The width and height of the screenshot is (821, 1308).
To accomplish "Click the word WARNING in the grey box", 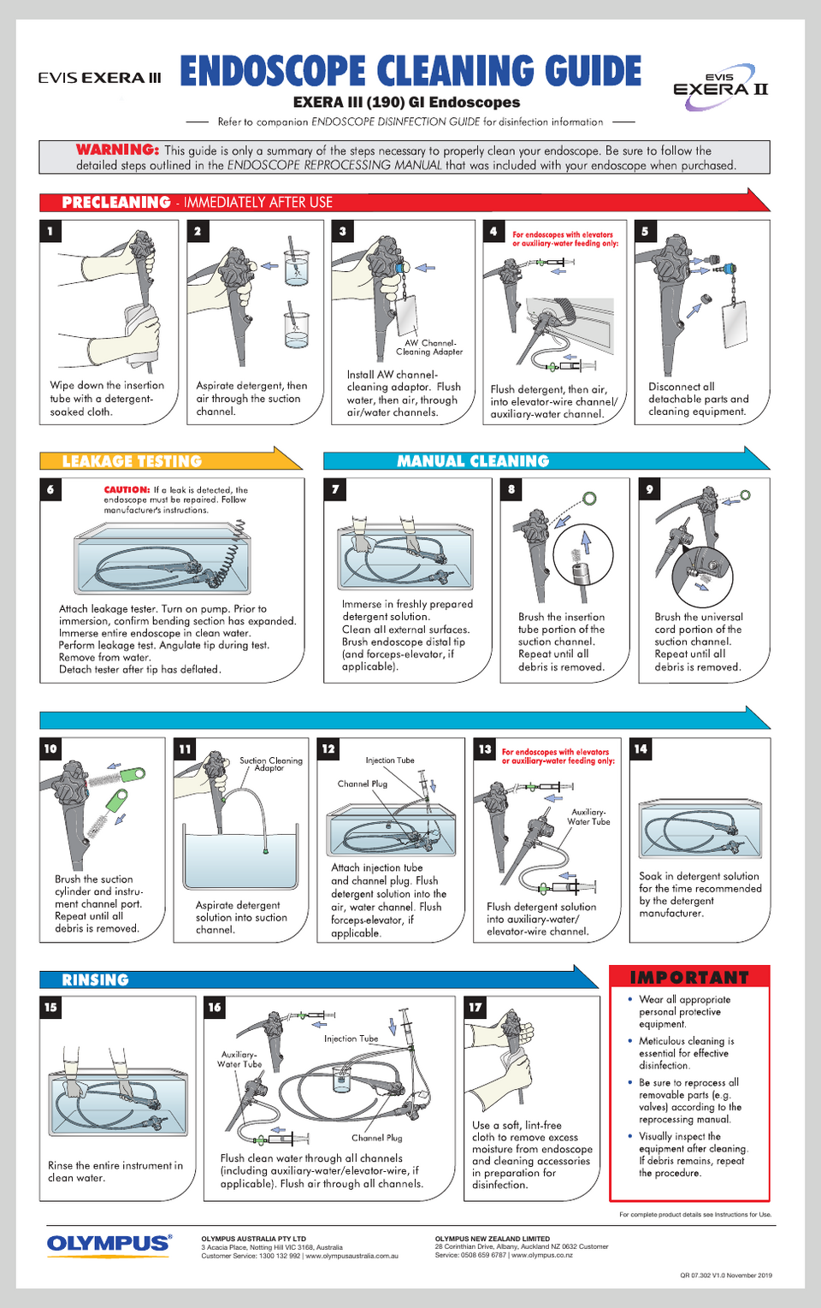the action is [117, 150].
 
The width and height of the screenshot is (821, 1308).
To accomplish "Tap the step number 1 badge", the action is [50, 231].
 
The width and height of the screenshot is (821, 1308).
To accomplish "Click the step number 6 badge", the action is [50, 488].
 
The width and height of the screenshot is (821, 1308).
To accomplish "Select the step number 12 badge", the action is [328, 749].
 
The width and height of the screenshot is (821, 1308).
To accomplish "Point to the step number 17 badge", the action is [475, 1007].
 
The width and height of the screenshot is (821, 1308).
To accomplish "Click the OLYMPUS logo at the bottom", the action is [109, 1244].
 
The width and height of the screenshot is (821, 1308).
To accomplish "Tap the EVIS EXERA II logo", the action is [720, 87].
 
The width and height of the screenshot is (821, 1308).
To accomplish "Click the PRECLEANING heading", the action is [116, 202].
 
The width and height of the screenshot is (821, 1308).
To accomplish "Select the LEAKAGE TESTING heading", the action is [132, 461].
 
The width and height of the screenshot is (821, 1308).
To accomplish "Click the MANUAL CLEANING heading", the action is [473, 461].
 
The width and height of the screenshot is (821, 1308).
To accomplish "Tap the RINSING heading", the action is [95, 980].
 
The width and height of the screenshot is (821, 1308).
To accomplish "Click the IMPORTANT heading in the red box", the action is [689, 978].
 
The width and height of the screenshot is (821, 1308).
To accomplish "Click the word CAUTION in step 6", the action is [127, 489].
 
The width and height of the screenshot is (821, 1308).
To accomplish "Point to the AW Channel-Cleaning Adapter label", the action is [430, 347].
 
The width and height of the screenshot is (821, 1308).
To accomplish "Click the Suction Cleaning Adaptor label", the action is [271, 765].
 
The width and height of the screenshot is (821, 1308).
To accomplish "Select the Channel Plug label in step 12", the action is [362, 784].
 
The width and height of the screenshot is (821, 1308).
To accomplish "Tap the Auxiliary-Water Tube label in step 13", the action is [588, 816].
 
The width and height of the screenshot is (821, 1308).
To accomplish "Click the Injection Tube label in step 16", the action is [351, 1039].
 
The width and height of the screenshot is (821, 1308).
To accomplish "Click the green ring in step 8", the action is [589, 499].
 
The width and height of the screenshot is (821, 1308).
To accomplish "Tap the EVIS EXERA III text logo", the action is [99, 78].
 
